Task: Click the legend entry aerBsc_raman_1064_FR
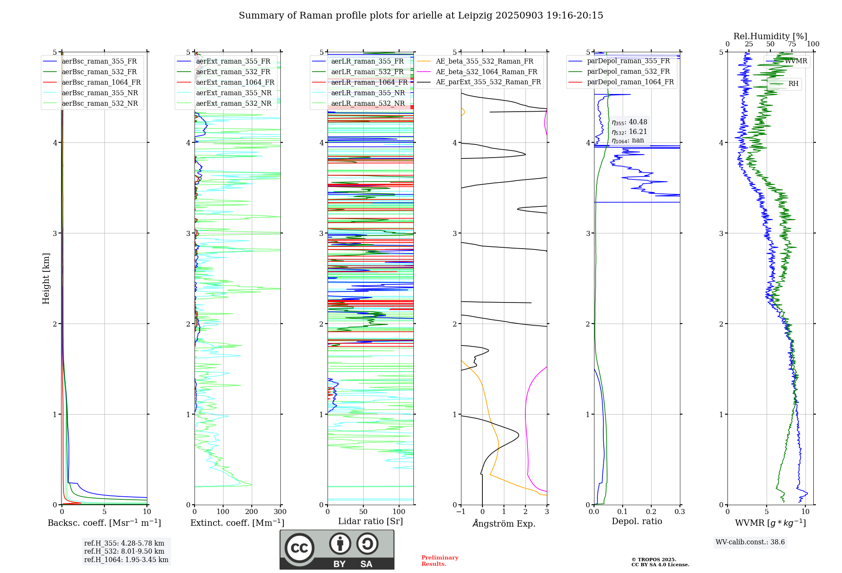(x=101, y=83)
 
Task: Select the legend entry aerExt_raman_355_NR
(x=234, y=93)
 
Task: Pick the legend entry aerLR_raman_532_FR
(x=367, y=72)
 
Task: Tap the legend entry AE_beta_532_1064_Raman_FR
(x=486, y=72)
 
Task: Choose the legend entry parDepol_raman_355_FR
(x=628, y=61)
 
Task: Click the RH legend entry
(x=793, y=84)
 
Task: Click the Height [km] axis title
(x=46, y=278)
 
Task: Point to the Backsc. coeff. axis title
(x=104, y=523)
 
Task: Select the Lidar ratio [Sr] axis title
(x=370, y=521)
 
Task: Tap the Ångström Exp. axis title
(x=504, y=523)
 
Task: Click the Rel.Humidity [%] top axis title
(x=770, y=36)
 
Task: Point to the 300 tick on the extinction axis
(x=280, y=512)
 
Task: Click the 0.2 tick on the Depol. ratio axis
(x=651, y=512)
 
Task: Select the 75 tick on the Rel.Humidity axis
(x=791, y=44)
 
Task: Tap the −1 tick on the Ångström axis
(x=461, y=512)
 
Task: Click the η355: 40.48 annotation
(x=629, y=122)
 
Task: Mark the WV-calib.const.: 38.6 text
(x=750, y=542)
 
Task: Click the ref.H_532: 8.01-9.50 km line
(x=124, y=552)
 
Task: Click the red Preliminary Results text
(x=440, y=561)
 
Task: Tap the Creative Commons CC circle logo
(x=299, y=548)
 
